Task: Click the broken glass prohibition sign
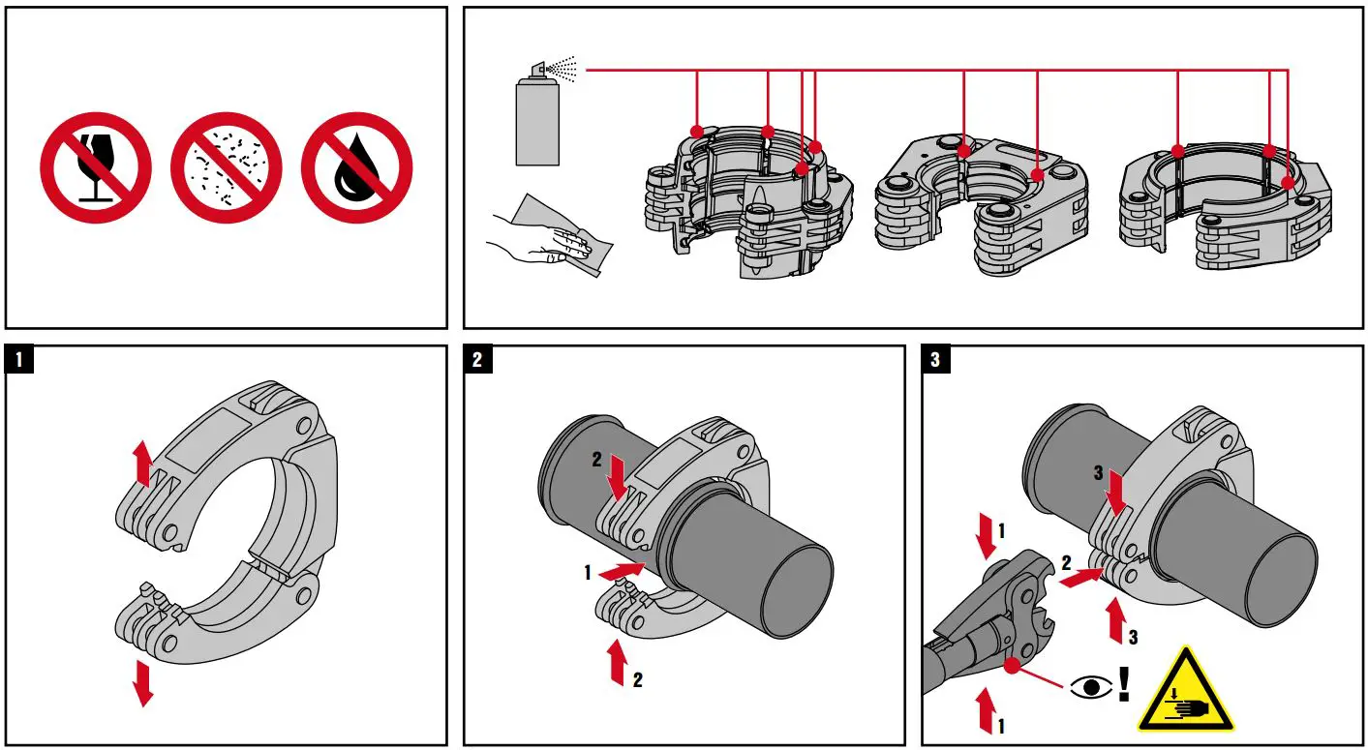click(96, 168)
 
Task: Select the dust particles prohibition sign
click(226, 168)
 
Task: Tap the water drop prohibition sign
click(356, 168)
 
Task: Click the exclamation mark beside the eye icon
click(1124, 683)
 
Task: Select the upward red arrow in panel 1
click(143, 463)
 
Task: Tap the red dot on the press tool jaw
click(1013, 665)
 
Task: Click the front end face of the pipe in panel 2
click(797, 592)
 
